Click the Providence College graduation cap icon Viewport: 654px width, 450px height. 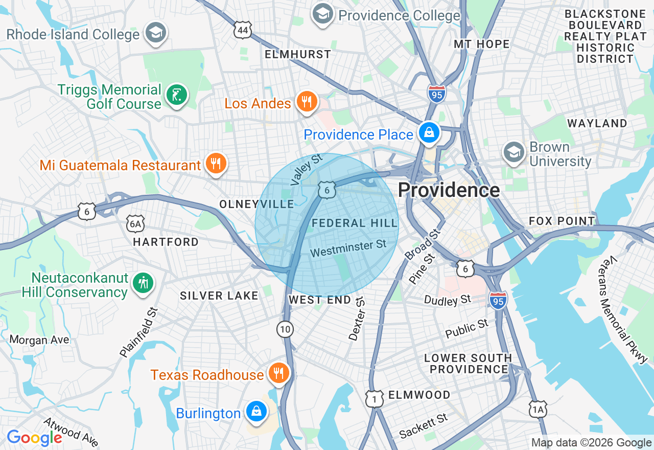322,14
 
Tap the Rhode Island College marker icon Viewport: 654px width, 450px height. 154,33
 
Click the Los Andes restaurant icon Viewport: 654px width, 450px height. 307,102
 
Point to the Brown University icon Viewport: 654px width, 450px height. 513,152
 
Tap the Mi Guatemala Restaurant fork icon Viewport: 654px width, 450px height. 216,164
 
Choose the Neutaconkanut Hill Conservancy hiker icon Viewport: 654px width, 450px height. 143,283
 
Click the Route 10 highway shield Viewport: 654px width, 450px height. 285,329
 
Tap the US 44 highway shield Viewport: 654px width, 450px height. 243,31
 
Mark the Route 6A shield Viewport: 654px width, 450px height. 135,223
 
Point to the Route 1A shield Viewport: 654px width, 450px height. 538,410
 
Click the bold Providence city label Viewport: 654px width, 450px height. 449,190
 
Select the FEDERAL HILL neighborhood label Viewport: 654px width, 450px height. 355,223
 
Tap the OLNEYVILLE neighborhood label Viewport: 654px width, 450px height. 256,205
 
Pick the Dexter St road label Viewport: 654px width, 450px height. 357,318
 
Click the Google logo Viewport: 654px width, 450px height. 34,438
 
